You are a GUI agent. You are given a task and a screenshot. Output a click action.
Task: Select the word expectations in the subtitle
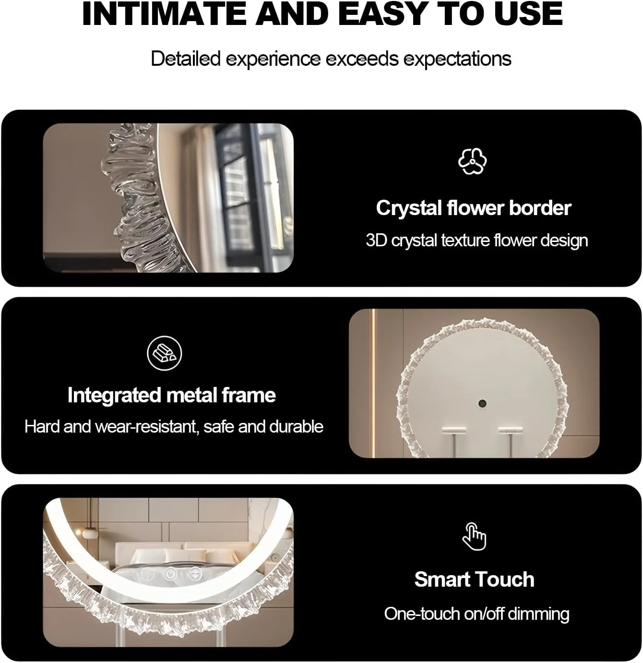(457, 59)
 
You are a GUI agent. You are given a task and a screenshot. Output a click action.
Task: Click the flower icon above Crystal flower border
(472, 161)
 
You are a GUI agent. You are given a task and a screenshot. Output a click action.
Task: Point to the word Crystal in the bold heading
(408, 208)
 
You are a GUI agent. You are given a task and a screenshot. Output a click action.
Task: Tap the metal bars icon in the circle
(165, 353)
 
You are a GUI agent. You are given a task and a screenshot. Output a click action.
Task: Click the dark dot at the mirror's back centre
(482, 403)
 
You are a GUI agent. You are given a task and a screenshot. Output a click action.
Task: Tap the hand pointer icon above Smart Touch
(474, 537)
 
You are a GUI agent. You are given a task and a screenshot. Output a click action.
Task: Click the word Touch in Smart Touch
(506, 579)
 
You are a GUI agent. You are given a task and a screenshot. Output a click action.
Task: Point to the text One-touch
(422, 614)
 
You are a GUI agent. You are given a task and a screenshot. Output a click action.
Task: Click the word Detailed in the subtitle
(186, 59)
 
